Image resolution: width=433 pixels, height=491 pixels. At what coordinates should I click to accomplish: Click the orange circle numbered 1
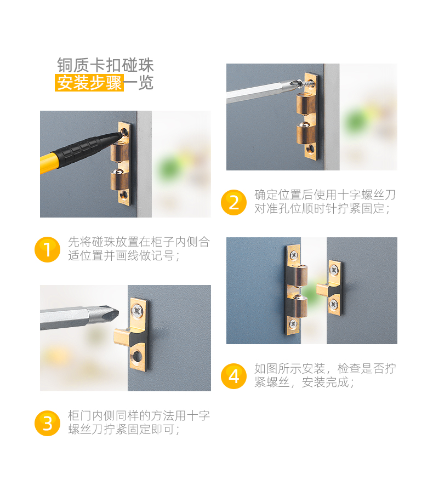[x=47, y=249]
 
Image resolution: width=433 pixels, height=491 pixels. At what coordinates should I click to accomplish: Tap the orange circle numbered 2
[x=233, y=202]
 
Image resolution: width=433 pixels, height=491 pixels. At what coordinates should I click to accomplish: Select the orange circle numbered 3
[x=47, y=424]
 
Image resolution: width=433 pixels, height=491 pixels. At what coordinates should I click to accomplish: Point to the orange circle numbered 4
[x=233, y=376]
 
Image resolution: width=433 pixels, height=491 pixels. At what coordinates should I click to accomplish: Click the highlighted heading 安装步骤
[x=89, y=83]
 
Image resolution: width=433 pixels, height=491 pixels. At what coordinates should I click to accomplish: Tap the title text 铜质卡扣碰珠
[x=105, y=65]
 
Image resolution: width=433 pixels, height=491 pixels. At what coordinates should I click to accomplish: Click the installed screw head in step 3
[x=137, y=310]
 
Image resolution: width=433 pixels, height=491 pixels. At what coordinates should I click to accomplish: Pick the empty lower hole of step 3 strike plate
[x=137, y=356]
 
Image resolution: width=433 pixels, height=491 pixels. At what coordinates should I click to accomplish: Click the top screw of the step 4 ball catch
[x=294, y=255]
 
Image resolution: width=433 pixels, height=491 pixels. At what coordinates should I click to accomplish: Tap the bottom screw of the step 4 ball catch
[x=293, y=324]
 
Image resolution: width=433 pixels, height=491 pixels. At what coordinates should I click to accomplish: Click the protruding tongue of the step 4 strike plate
[x=323, y=289]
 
